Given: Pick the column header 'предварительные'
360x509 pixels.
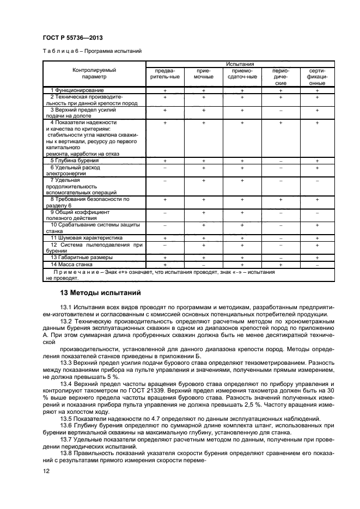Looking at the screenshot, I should click(x=164, y=73).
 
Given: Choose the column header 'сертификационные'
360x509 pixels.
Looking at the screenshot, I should click(x=317, y=77).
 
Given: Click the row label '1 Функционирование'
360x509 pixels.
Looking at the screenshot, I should click(x=77, y=90).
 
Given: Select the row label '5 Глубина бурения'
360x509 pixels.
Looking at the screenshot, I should click(x=75, y=161).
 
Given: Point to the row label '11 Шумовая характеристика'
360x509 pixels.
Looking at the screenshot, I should click(x=83, y=238).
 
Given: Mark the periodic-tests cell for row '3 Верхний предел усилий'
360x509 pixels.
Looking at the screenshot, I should click(x=281, y=110).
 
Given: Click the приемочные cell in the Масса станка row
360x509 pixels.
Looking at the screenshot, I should click(x=203, y=264).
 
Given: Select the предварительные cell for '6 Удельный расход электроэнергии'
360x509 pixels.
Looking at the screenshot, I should click(x=164, y=168).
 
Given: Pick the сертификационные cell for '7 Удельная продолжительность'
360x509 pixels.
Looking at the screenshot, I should click(x=317, y=180).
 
